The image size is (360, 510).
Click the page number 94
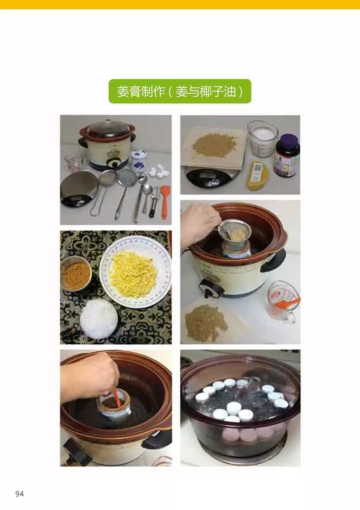[x=19, y=494]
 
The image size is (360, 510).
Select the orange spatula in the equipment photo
[x=165, y=201]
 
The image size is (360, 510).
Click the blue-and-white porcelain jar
[x=138, y=160]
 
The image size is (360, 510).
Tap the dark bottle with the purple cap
[x=287, y=155]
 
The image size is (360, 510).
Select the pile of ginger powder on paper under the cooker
[x=206, y=323]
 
